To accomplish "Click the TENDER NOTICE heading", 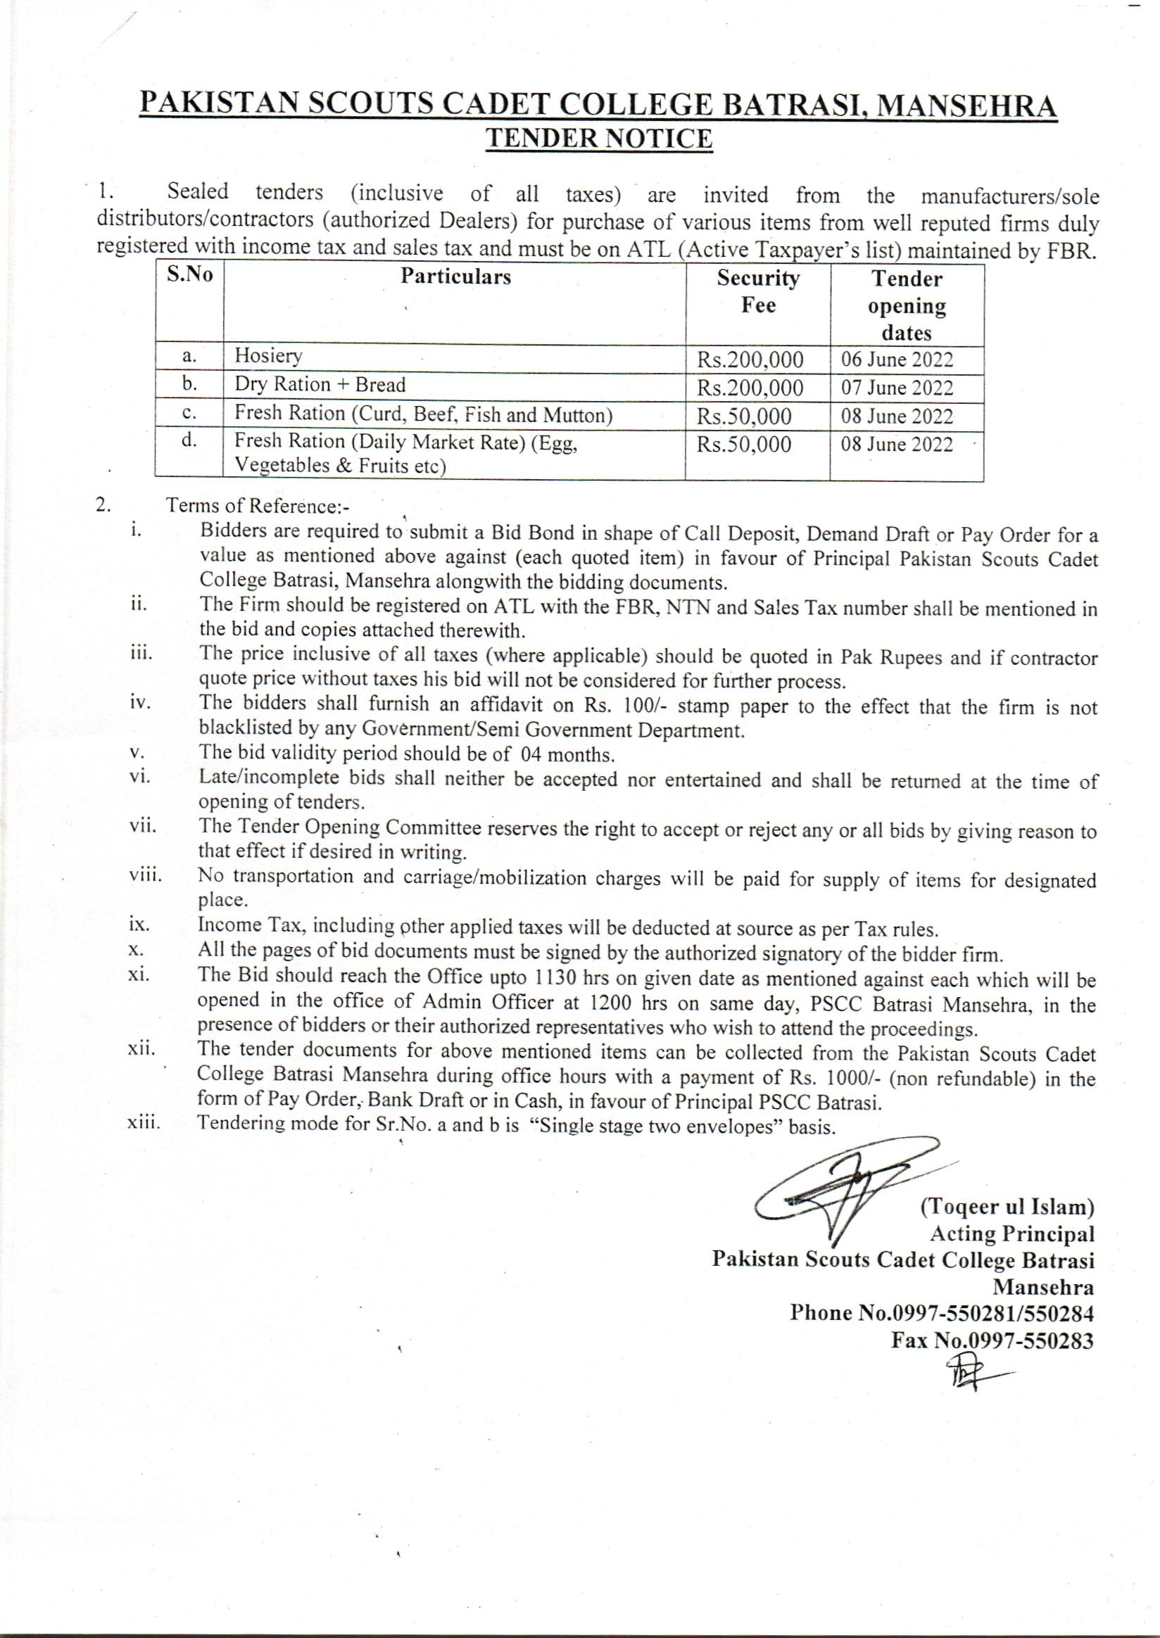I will click(598, 139).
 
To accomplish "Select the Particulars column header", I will click(455, 277).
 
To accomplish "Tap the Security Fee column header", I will click(758, 291).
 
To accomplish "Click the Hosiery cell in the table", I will click(269, 355).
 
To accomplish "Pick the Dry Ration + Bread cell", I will click(320, 385).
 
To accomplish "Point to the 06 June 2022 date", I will click(897, 359).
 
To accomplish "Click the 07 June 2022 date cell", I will click(897, 388).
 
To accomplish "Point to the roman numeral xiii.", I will click(143, 1123).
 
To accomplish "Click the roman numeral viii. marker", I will click(146, 875).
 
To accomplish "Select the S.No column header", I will click(189, 276).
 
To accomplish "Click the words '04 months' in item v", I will click(568, 755).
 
